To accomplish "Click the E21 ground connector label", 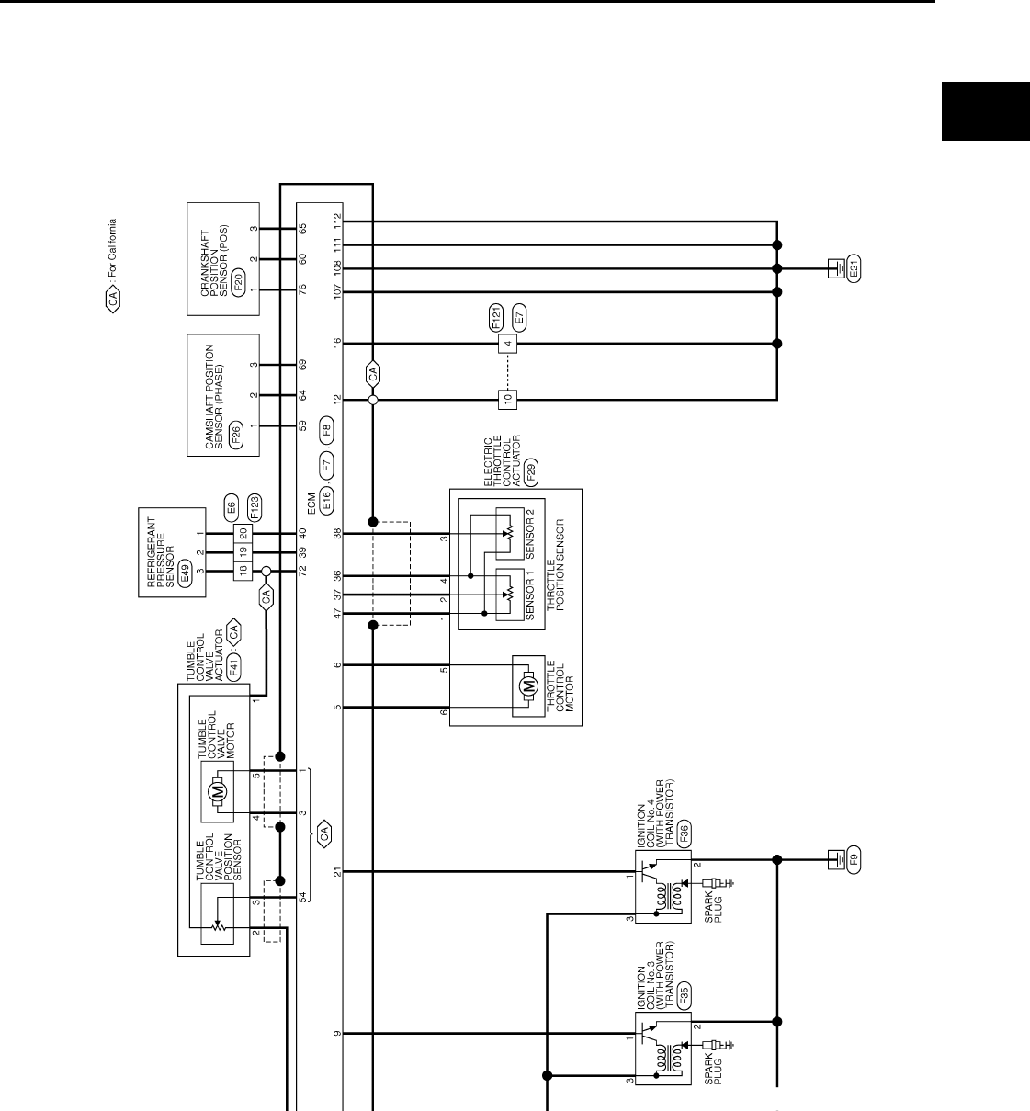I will pyautogui.click(x=854, y=270).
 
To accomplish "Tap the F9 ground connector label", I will pyautogui.click(x=854, y=861).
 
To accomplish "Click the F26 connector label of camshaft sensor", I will pyautogui.click(x=237, y=434).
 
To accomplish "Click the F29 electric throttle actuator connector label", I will pyautogui.click(x=530, y=472).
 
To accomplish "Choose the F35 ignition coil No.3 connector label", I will pyautogui.click(x=684, y=997).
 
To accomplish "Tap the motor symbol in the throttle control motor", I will pyautogui.click(x=527, y=686).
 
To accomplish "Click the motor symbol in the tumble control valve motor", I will pyautogui.click(x=218, y=790).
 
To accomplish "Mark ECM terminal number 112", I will pyautogui.click(x=337, y=221).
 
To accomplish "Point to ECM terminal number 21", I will pyautogui.click(x=337, y=871).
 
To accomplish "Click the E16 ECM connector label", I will pyautogui.click(x=326, y=499).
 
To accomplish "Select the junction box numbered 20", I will pyautogui.click(x=243, y=534).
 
